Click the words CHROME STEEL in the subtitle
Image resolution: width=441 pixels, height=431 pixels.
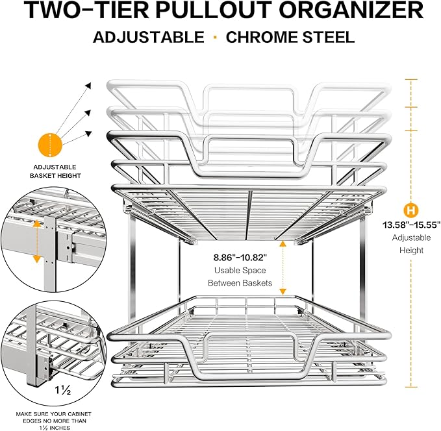290,36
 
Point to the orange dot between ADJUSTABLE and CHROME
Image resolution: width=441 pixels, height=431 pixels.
214,36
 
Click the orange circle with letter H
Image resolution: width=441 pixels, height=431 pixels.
410,210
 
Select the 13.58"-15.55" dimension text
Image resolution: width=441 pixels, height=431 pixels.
411,225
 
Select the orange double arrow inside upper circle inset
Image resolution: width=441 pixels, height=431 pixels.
36,241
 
